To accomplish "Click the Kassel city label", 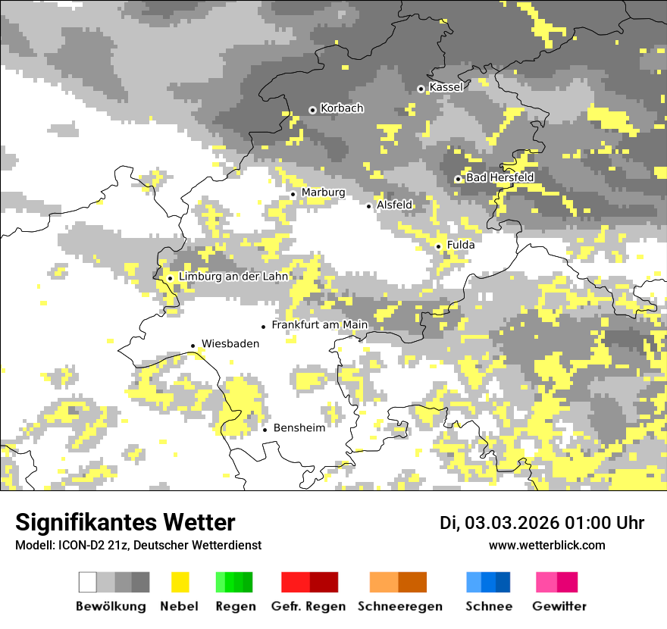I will (446, 87).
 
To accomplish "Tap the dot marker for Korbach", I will (312, 110).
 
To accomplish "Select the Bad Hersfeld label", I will (499, 177).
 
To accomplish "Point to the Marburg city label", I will (323, 192).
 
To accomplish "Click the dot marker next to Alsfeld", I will (369, 205).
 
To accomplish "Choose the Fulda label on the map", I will (461, 245).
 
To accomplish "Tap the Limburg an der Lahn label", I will (233, 277).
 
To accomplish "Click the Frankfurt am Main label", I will (319, 324).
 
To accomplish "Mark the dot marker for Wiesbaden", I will (193, 346).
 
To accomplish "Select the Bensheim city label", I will (299, 427).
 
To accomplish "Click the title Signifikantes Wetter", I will (125, 522).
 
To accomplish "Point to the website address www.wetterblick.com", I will (546, 545).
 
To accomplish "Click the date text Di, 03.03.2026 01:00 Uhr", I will (542, 523).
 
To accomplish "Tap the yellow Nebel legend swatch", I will (180, 582).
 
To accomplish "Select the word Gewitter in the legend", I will (559, 606).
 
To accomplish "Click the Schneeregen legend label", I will (399, 606).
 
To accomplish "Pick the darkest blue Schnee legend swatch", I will (503, 582).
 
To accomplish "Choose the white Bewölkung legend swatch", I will (88, 582).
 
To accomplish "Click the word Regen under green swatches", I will (234, 606).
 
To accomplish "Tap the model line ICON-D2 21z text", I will (138, 545).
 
